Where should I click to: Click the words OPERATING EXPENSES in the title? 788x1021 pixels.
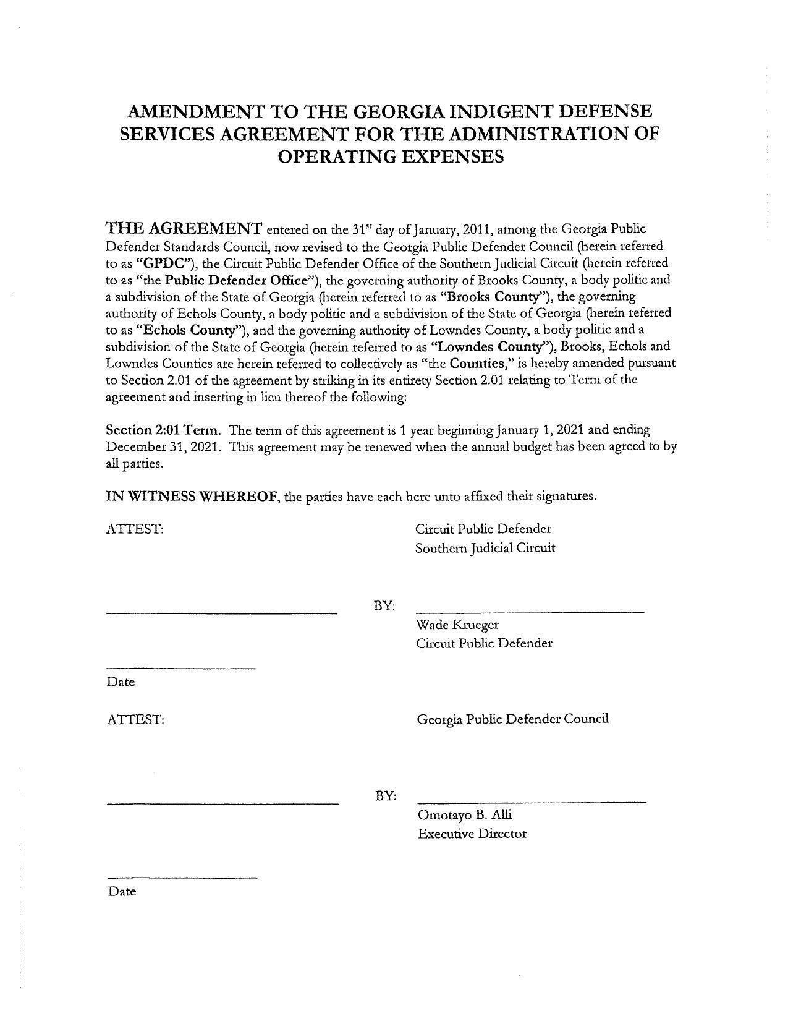pyautogui.click(x=391, y=156)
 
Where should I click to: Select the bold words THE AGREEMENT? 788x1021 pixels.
pyautogui.click(x=184, y=228)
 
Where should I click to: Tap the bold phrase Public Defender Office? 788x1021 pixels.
pyautogui.click(x=237, y=280)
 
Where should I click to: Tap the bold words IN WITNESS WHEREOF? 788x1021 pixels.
pyautogui.click(x=191, y=497)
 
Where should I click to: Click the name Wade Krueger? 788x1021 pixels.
pyautogui.click(x=457, y=624)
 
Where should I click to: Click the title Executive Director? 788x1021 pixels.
pyautogui.click(x=472, y=834)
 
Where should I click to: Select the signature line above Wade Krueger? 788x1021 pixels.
pyautogui.click(x=530, y=612)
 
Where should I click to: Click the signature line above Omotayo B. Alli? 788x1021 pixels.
pyautogui.click(x=532, y=801)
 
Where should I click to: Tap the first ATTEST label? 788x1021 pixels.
pyautogui.click(x=135, y=529)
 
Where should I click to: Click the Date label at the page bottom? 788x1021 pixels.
pyautogui.click(x=122, y=891)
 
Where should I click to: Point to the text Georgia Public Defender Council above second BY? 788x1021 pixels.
pyautogui.click(x=512, y=719)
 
